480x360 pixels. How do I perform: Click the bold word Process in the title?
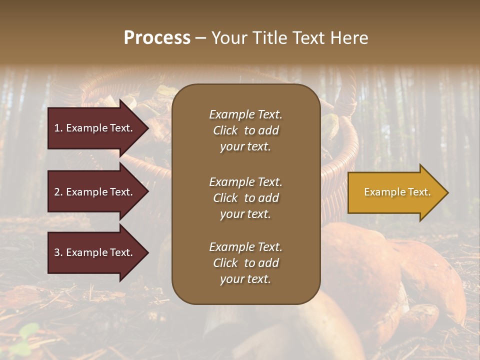[157, 38]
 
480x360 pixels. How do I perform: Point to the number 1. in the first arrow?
[58, 128]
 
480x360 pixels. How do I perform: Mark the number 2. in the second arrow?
[58, 192]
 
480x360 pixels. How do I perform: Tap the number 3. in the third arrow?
[58, 252]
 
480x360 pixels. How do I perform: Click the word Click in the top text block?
[225, 130]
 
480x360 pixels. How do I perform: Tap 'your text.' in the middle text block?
[245, 214]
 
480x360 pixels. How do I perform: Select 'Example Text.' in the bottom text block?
[245, 246]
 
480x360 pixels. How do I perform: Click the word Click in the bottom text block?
[225, 263]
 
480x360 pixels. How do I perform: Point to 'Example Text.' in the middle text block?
[245, 181]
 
